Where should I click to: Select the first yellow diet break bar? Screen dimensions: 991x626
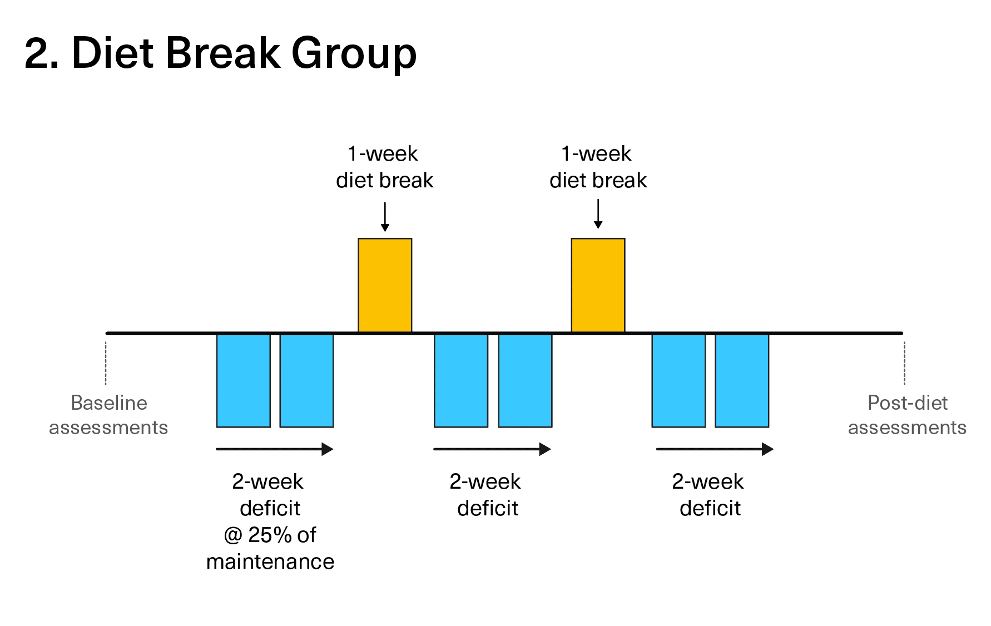pos(385,286)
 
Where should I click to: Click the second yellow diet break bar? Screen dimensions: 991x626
pos(598,286)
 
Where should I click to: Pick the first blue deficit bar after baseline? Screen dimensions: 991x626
pos(244,381)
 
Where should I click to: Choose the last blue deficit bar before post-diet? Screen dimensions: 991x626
pos(742,381)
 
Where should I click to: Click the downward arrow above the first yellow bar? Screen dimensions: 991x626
pos(385,217)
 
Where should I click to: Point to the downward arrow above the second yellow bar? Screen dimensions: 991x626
pos(598,214)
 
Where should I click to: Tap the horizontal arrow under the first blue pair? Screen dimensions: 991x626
pos(275,449)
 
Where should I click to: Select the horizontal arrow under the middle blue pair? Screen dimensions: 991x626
pos(492,449)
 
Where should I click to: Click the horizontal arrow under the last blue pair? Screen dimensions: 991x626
pos(715,449)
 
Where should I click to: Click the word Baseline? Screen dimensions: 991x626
pos(109,403)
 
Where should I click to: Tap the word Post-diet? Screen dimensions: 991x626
pos(908,403)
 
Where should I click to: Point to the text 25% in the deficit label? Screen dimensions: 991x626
pos(270,535)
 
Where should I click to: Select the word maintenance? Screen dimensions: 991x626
pos(270,562)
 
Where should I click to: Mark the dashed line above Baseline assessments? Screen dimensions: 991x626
pos(106,363)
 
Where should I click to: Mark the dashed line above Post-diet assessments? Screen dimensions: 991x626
pos(904,363)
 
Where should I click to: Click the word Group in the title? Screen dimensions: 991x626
pos(354,54)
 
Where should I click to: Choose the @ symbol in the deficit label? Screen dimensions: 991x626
pos(233,535)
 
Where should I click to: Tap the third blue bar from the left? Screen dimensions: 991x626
pos(461,381)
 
